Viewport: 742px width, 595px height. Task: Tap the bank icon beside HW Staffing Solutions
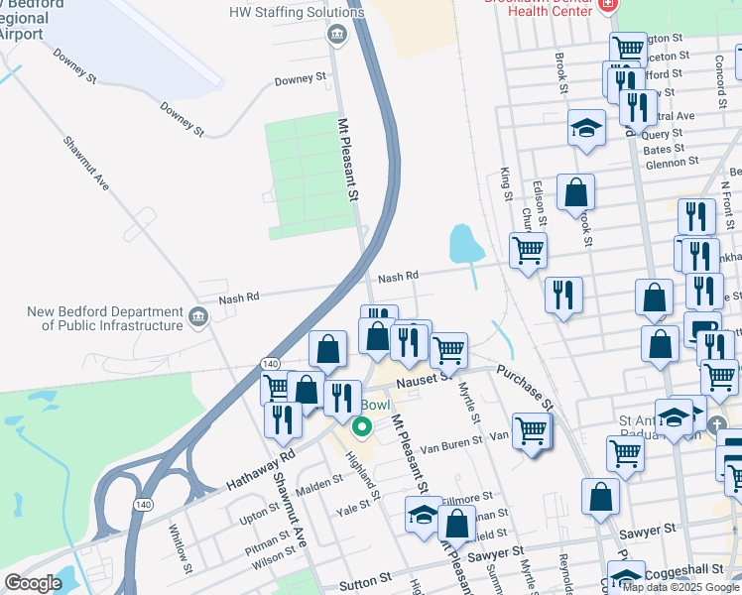click(336, 36)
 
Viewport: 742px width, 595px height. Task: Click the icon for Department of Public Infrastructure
click(197, 318)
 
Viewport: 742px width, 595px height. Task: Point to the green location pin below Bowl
click(362, 427)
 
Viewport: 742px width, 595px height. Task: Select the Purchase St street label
click(525, 387)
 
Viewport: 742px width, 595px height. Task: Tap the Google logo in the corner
click(34, 583)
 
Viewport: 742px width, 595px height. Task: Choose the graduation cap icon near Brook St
click(587, 128)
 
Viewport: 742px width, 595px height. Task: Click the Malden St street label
click(318, 479)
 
